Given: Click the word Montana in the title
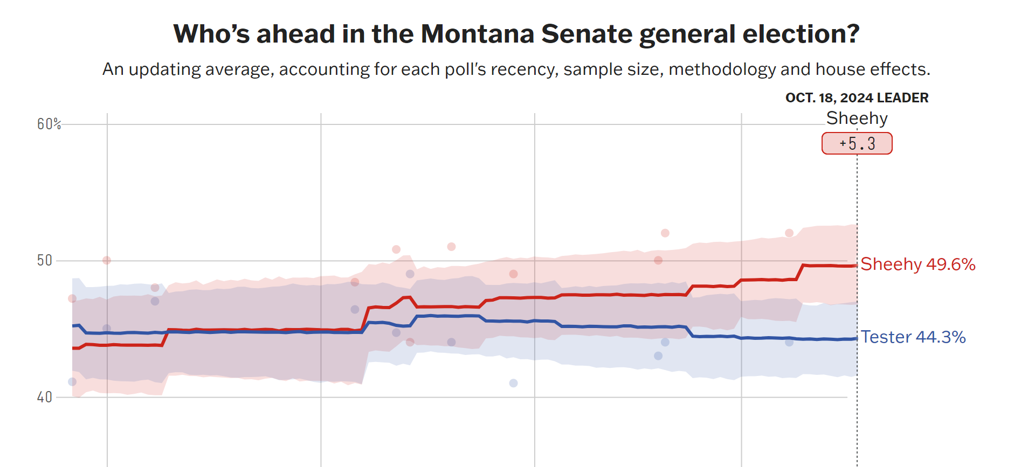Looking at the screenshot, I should [478, 34].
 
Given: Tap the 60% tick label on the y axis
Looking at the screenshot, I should [49, 124].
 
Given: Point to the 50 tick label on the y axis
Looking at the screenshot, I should [44, 261].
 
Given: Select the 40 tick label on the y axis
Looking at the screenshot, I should [44, 398].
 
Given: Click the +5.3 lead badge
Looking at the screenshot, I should [857, 144].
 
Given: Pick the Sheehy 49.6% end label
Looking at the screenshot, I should [918, 264].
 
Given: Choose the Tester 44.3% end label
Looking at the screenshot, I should [913, 337].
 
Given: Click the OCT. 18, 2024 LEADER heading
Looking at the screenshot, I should [857, 98].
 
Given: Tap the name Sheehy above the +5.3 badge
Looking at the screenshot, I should [857, 118].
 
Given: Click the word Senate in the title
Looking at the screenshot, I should [587, 34].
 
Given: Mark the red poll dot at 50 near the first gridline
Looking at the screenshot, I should [107, 260].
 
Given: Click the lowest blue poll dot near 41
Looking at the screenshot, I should [513, 383].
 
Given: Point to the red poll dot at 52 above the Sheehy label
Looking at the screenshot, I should [789, 233].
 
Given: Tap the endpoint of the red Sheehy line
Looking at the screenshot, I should [856, 266].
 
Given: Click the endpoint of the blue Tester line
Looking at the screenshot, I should [856, 338].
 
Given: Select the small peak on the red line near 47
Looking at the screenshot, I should [408, 297].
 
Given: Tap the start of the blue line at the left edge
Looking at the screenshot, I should [73, 326].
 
